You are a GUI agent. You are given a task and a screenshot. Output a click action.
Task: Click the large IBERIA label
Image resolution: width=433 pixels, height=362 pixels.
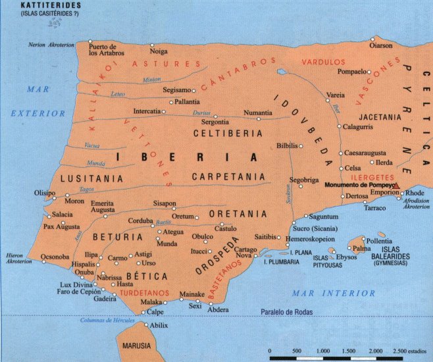(186, 157)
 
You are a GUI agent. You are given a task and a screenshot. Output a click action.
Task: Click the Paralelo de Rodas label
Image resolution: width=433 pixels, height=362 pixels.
(288, 311)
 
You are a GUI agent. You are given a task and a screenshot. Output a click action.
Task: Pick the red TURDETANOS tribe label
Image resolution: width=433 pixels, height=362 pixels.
(141, 292)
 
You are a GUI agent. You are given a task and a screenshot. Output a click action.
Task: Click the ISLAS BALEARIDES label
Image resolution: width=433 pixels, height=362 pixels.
(399, 253)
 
